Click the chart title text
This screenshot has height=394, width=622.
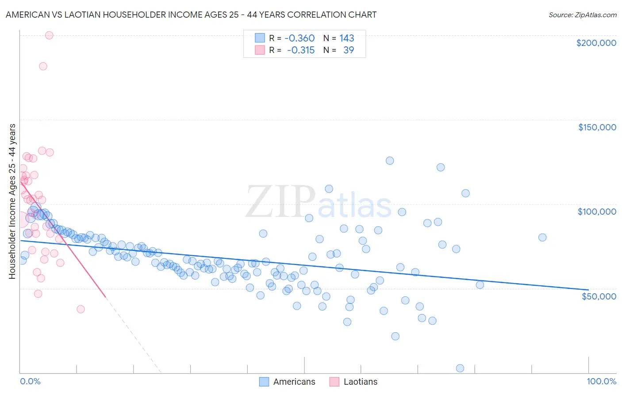pos(191,15)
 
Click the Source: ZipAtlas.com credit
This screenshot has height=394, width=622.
pos(582,15)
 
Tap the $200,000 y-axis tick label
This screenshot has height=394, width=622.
pos(596,43)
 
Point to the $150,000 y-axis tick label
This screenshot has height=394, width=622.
pos(597,127)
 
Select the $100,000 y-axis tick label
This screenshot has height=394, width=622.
pos(597,212)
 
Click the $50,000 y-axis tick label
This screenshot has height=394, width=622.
pos(599,296)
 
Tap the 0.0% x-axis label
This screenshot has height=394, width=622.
pos(30,381)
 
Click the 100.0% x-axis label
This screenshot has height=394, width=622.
pos(601,381)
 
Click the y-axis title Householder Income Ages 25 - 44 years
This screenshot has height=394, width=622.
pos(12,201)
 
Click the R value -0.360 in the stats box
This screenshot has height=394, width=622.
pos(299,38)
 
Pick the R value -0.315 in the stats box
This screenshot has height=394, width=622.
pos(301,50)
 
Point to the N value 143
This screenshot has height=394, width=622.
pos(347,38)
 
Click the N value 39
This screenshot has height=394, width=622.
pos(349,50)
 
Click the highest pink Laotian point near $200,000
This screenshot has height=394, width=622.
pos(49,35)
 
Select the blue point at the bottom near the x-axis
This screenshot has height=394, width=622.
pos(460,368)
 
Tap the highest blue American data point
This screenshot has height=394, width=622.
pos(390,161)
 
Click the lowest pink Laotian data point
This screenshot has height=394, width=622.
pos(81,309)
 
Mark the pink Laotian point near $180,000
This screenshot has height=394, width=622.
pos(43,66)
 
